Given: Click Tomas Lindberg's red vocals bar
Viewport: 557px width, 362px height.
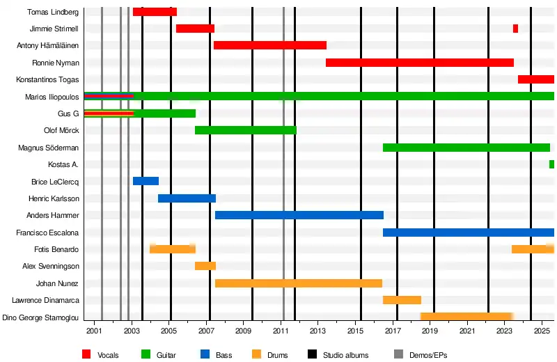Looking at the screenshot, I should tap(155, 12).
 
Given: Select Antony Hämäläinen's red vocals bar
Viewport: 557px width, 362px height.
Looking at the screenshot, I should tap(270, 45).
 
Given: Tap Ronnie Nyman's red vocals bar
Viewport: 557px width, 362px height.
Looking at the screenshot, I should tap(420, 63).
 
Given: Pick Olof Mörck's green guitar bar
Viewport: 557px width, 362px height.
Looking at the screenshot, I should tap(246, 130).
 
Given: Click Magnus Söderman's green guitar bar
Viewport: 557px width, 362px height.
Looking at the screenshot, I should tap(466, 148).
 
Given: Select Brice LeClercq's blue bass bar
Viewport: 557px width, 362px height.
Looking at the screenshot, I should tap(146, 181).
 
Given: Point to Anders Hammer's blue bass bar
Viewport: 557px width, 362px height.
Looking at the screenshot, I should tap(299, 215).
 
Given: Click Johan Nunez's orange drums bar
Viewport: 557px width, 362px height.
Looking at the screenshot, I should tap(299, 283).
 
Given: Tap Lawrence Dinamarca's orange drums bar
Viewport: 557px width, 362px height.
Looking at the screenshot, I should tap(402, 300).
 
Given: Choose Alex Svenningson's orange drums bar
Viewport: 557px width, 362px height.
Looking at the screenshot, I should tap(205, 266).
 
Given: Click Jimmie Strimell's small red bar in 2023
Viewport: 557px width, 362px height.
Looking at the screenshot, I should tap(515, 29).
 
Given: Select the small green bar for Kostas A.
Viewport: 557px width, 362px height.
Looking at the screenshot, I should tap(551, 164).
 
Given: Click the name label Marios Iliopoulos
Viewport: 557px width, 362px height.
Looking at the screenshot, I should tap(52, 97).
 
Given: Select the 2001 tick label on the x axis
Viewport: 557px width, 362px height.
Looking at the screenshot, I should tap(94, 329).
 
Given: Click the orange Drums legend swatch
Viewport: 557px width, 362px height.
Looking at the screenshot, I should tap(257, 355).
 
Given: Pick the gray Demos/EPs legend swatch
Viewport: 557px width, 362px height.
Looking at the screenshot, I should tap(398, 355).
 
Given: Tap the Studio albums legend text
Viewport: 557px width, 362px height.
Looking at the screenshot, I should tap(342, 356).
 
